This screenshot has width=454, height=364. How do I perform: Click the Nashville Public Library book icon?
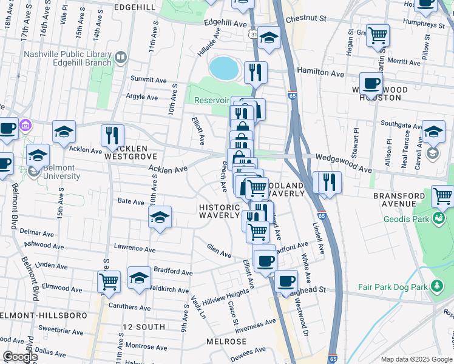(x=121, y=58)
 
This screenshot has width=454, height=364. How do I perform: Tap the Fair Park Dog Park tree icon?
(x=436, y=286)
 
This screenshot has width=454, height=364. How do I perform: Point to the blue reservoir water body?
(x=223, y=68)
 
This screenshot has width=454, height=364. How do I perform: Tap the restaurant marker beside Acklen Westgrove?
(x=112, y=135)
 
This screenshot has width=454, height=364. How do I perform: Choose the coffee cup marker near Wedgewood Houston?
(x=371, y=83)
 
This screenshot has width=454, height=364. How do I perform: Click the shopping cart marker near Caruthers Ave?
(x=109, y=281)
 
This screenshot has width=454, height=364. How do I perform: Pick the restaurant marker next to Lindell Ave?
(x=330, y=181)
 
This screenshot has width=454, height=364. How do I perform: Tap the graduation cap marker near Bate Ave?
(x=160, y=217)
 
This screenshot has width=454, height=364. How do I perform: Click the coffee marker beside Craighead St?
(x=286, y=281)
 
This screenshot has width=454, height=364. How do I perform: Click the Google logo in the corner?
(x=19, y=357)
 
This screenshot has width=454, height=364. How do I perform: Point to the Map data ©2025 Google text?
(x=416, y=359)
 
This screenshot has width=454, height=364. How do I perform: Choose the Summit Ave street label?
(x=149, y=79)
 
